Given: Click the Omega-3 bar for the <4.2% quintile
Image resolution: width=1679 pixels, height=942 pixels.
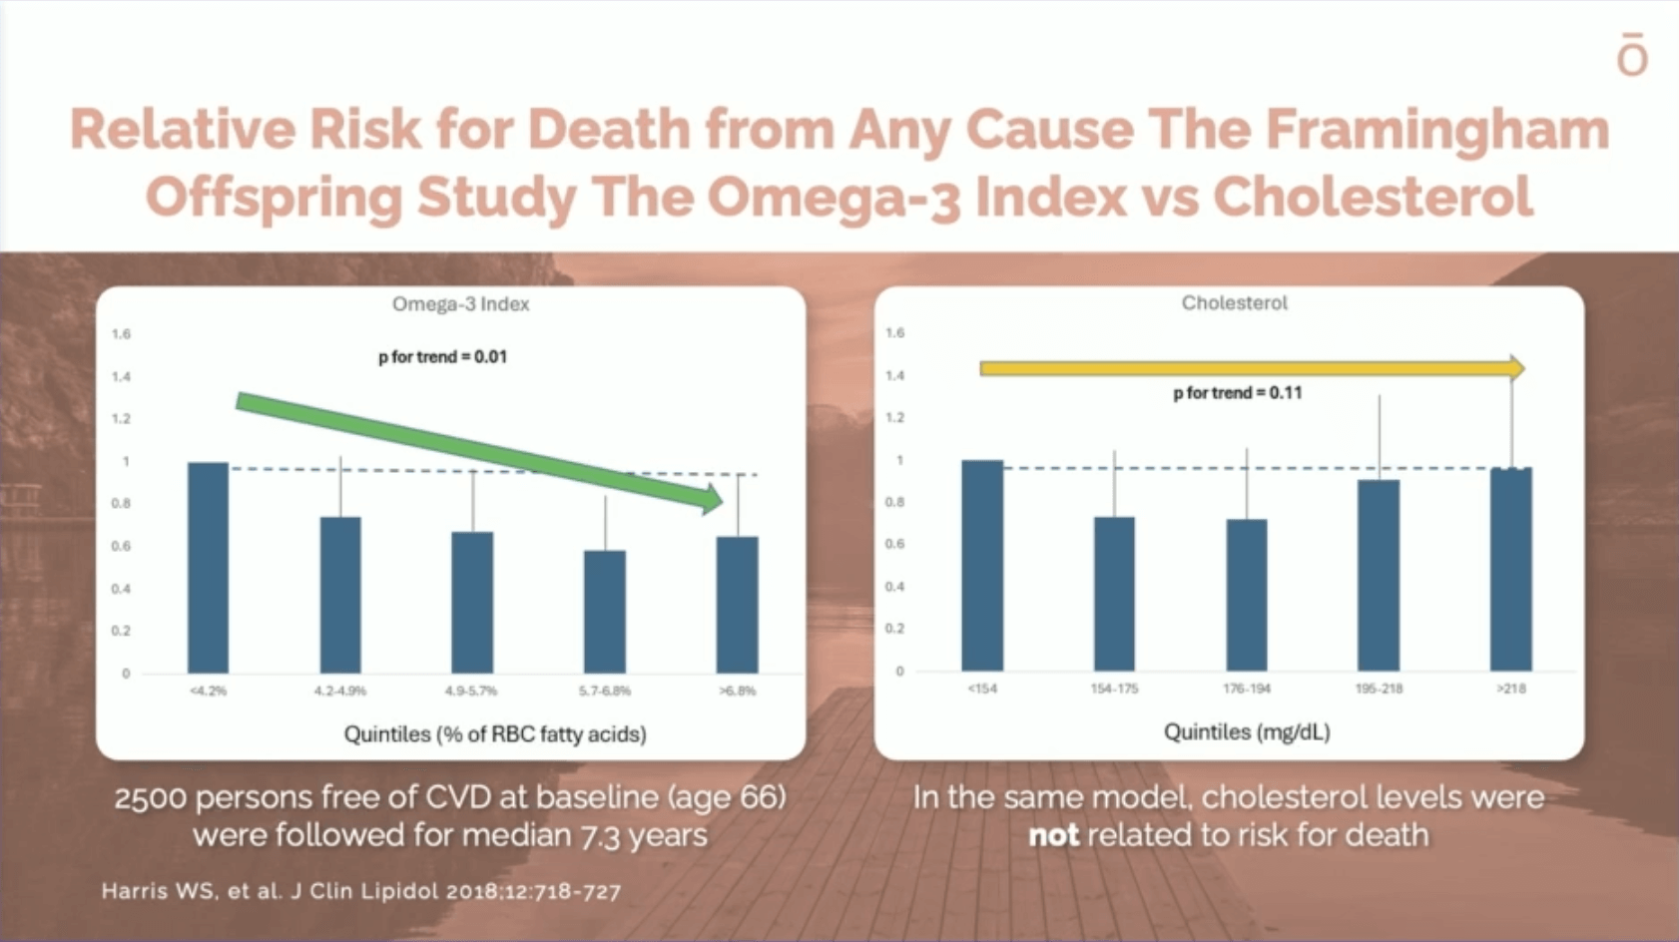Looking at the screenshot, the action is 208,568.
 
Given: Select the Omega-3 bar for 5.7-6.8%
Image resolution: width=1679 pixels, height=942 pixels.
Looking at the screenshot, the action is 605,612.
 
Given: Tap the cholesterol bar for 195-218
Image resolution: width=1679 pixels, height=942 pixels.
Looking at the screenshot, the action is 1379,576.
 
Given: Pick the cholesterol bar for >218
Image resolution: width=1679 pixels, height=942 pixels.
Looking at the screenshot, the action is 1511,570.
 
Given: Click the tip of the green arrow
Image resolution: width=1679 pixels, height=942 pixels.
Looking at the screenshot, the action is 724,501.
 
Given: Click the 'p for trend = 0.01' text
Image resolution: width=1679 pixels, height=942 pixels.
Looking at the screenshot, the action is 442,356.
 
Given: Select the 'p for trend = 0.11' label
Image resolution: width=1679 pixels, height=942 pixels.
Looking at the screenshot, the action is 1238,393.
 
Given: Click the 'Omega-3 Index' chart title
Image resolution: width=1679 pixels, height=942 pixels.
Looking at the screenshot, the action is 461,304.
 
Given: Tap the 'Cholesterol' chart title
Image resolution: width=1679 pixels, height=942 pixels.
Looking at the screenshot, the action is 1235,302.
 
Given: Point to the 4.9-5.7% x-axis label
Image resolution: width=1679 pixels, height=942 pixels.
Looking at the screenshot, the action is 471,691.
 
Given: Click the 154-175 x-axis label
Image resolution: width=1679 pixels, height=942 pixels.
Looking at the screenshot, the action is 1114,688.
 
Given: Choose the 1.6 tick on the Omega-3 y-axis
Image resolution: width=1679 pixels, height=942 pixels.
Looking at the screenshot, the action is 122,333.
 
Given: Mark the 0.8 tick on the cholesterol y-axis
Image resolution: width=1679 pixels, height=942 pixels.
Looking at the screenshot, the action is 895,502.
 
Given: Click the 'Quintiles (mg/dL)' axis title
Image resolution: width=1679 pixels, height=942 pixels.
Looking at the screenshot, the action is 1247,732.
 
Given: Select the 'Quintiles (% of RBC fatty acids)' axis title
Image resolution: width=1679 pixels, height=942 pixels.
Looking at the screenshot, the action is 495,733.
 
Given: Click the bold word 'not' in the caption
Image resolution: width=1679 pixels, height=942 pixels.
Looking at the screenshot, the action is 1054,835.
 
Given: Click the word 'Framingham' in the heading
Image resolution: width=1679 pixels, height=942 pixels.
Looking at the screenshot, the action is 1437,130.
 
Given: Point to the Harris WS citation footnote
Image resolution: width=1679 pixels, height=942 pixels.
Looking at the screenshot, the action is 361,891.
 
